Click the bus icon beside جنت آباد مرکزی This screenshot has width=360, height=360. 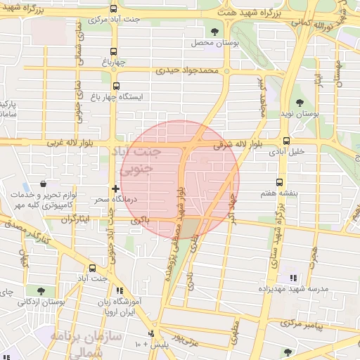point(115,10)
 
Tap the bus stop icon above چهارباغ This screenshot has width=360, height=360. point(115,51)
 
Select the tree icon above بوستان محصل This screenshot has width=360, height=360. point(214,31)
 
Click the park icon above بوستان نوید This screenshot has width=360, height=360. point(300,104)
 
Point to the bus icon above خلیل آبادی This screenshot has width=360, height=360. point(286,140)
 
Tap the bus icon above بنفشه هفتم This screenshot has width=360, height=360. point(281,182)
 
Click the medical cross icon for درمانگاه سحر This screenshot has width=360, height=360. point(115,189)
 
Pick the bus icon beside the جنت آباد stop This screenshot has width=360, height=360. point(93,268)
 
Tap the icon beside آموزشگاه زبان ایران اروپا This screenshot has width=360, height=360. point(120,290)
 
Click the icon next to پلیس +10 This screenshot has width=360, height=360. point(150,333)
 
